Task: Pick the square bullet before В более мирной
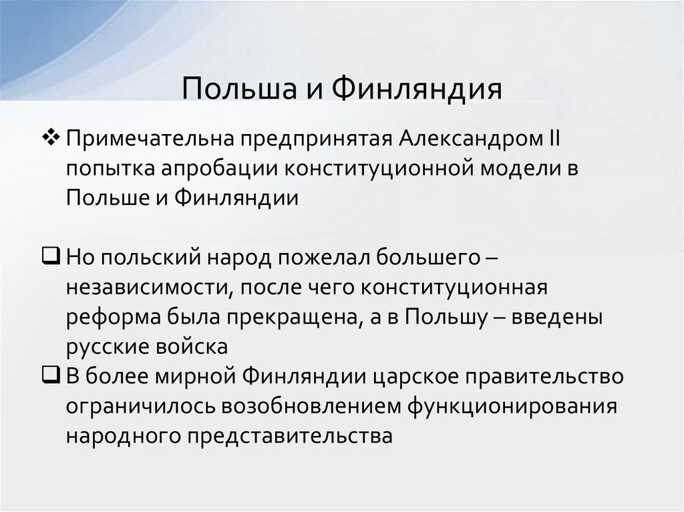(51, 375)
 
